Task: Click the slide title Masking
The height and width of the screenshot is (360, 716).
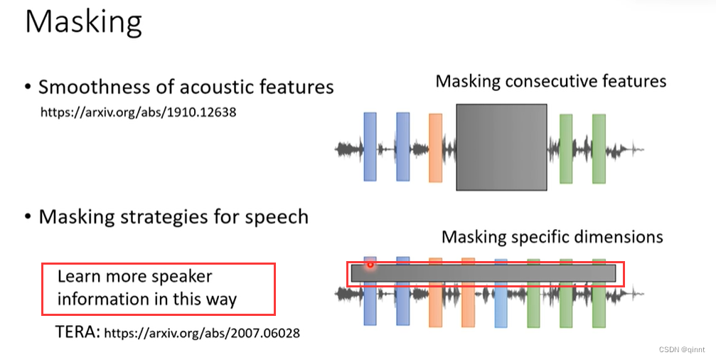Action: [83, 22]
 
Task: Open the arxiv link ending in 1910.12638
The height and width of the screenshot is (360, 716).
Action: [138, 112]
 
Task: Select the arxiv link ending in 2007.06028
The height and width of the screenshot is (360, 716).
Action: [202, 332]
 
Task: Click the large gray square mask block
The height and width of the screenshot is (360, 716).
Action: [501, 147]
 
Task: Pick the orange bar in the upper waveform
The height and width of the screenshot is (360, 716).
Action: [435, 147]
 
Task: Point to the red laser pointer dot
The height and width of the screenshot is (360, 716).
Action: [370, 265]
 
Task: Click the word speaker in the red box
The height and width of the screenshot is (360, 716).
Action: [181, 276]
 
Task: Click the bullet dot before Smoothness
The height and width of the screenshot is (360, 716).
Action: [28, 88]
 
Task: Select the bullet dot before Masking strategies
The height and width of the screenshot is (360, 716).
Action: [28, 217]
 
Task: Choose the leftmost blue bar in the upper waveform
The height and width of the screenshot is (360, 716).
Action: [370, 146]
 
